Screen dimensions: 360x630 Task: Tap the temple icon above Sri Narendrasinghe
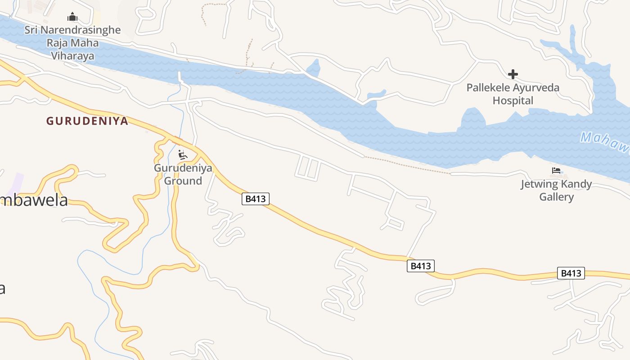[72, 18]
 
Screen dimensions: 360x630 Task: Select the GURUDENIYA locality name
[87, 121]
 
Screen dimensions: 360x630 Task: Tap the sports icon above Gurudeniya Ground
[182, 155]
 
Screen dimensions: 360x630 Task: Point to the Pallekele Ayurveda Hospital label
[513, 94]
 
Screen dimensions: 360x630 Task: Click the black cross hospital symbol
[513, 74]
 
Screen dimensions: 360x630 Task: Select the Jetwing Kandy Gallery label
[556, 190]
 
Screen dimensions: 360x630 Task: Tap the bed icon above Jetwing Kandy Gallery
[556, 171]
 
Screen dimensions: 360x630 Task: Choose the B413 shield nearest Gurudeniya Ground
[256, 199]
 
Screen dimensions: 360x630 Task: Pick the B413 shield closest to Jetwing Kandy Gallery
[571, 273]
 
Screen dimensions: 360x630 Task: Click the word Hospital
[513, 100]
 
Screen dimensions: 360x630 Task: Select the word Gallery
[556, 197]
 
